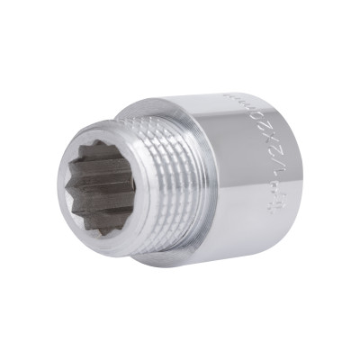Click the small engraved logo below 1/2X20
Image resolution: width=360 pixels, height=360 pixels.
pyautogui.click(x=272, y=206)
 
